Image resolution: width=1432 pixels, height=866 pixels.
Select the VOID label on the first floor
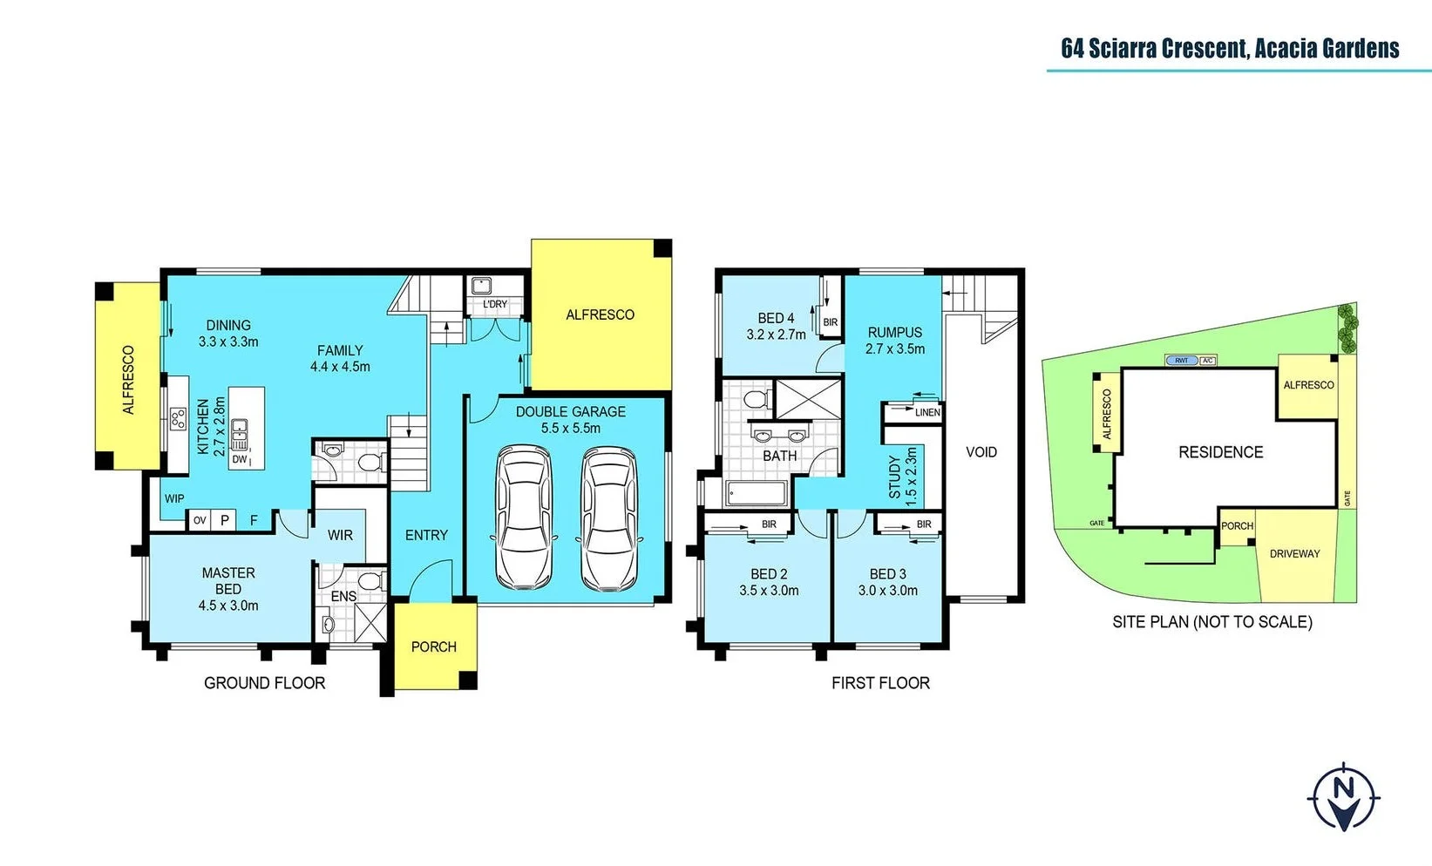point(981,452)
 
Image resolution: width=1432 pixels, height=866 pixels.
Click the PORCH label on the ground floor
point(433,646)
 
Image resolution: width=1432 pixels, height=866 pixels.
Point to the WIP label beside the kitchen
point(174,498)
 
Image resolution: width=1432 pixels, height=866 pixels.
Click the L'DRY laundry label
point(494,304)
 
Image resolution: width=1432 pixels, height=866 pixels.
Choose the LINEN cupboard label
point(926,413)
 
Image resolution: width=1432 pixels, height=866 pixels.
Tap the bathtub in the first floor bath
point(757,494)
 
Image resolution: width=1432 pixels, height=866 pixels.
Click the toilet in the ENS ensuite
point(370,581)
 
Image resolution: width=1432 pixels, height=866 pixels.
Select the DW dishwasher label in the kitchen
point(240,459)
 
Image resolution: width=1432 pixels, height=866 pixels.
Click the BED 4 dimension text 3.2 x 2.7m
point(776,335)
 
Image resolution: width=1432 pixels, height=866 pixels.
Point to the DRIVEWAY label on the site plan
point(1294,553)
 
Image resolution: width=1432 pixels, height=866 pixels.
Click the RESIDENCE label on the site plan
point(1220,452)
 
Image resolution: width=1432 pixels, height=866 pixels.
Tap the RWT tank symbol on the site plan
point(1181,360)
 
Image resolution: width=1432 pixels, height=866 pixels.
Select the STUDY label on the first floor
point(895,477)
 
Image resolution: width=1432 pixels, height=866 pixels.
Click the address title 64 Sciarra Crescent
point(1229,48)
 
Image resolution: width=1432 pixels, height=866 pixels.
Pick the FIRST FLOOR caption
point(880,683)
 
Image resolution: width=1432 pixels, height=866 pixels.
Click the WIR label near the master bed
point(340,535)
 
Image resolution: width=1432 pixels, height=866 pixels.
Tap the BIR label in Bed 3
point(924,524)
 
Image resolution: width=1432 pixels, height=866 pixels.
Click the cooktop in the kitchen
point(178,419)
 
